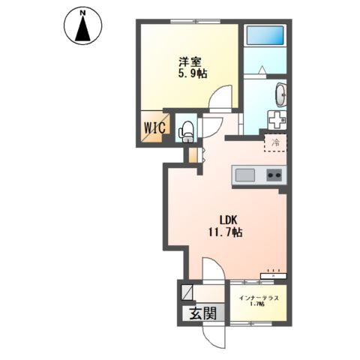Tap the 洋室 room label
click(190, 61)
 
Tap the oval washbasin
click(280, 97)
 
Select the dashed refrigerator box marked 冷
click(275, 142)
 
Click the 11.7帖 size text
click(226, 232)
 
